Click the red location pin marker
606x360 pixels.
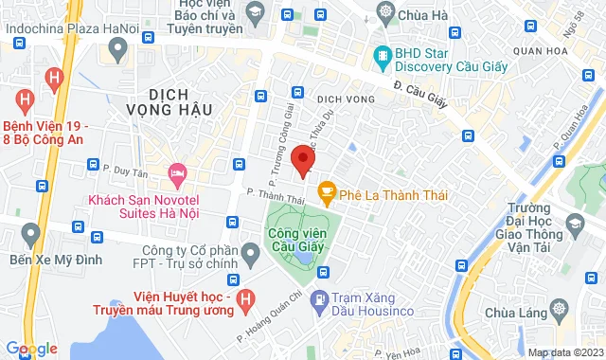(302, 158)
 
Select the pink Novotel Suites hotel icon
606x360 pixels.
(176, 174)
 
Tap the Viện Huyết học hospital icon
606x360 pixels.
(244, 299)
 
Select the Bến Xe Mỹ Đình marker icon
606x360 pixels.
(30, 232)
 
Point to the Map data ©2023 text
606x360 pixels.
(565, 352)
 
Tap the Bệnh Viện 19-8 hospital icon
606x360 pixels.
(27, 98)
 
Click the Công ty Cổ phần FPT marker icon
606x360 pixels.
(250, 253)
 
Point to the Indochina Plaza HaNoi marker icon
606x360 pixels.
(117, 48)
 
